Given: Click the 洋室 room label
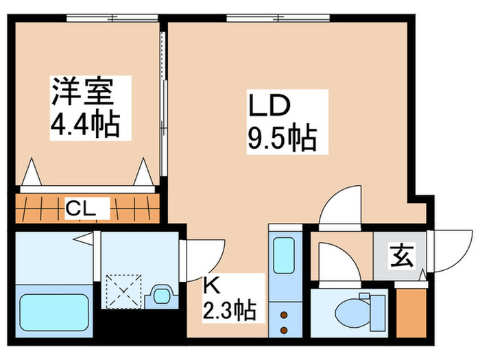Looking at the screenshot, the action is (x=83, y=91).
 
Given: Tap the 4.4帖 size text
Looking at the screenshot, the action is (x=85, y=125).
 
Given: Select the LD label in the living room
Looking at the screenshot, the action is (x=269, y=106).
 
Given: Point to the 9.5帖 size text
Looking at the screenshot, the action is (x=282, y=138).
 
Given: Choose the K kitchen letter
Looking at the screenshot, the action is (x=212, y=286).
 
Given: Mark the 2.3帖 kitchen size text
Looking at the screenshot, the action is (x=230, y=310).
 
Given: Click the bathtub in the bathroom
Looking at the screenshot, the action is (x=54, y=311).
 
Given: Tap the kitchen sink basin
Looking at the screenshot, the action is (x=283, y=256).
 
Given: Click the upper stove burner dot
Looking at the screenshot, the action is (x=285, y=315).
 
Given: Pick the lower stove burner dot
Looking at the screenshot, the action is (x=285, y=330).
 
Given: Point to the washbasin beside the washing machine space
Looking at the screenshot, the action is (x=161, y=296).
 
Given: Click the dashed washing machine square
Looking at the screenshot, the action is (x=123, y=291).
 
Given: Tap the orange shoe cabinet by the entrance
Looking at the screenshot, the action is (x=411, y=313).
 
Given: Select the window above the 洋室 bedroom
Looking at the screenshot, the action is (x=112, y=18).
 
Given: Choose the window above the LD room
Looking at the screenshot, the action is (x=278, y=18).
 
